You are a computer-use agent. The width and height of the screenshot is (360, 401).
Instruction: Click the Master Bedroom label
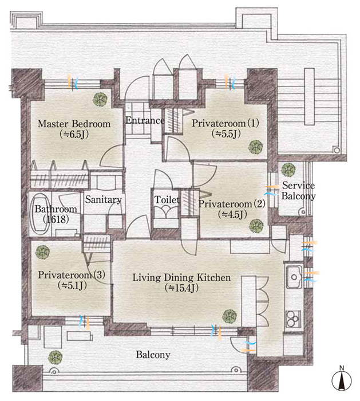pyautogui.click(x=74, y=124)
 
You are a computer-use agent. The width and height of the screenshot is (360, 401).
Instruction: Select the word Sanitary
pyautogui.click(x=103, y=200)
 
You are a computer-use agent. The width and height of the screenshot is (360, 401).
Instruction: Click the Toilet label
pyautogui.click(x=167, y=199)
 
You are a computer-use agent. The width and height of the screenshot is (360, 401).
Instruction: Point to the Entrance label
pyautogui.click(x=145, y=120)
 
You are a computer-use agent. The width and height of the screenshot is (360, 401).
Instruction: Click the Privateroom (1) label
pyautogui.click(x=226, y=123)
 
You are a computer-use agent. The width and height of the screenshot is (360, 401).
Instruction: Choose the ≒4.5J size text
pyautogui.click(x=232, y=215)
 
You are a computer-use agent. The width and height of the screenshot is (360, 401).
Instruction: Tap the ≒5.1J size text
pyautogui.click(x=72, y=285)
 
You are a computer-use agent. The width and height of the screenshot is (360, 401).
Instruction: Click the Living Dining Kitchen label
pyautogui.click(x=181, y=278)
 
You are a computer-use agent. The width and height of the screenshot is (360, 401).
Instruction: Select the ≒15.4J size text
pyautogui.click(x=181, y=289)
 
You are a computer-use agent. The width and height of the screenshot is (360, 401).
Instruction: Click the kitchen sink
pyautogui.click(x=294, y=277)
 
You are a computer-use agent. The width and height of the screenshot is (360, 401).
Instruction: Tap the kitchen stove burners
pyautogui.click(x=293, y=319)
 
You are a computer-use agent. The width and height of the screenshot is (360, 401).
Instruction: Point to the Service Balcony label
pyautogui.click(x=298, y=191)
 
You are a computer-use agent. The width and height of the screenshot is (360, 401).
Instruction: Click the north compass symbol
pyautogui.click(x=342, y=379)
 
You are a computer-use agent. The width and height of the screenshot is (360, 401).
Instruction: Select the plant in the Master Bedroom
pyautogui.click(x=100, y=99)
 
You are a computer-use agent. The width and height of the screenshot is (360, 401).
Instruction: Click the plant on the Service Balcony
pyautogui.click(x=288, y=170)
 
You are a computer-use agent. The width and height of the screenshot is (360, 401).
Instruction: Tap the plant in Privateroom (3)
pyautogui.click(x=42, y=253)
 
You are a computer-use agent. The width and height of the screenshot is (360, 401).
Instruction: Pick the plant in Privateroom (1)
pyautogui.click(x=256, y=147)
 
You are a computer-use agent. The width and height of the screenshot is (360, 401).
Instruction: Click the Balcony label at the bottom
pyautogui.click(x=153, y=355)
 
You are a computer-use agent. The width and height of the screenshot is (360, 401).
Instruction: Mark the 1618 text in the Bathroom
pyautogui.click(x=56, y=219)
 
